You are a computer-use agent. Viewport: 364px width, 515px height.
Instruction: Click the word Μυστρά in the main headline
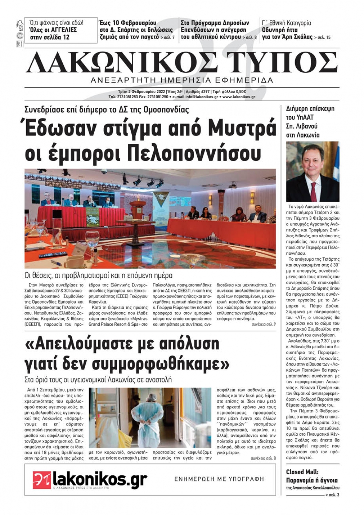point(242,129)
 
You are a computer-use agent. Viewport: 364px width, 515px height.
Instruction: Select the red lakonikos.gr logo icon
point(41,479)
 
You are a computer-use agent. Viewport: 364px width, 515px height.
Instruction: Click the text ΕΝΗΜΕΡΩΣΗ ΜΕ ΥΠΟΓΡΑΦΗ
point(219,479)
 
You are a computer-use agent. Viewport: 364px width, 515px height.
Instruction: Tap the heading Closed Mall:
point(302,472)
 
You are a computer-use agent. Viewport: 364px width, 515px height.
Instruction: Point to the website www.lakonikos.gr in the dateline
point(238,97)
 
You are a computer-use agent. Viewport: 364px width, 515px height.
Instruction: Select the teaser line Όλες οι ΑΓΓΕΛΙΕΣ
point(58,30)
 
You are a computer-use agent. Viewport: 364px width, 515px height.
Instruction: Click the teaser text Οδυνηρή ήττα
point(280,30)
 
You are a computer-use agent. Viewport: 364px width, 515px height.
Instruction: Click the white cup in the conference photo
point(75,261)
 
